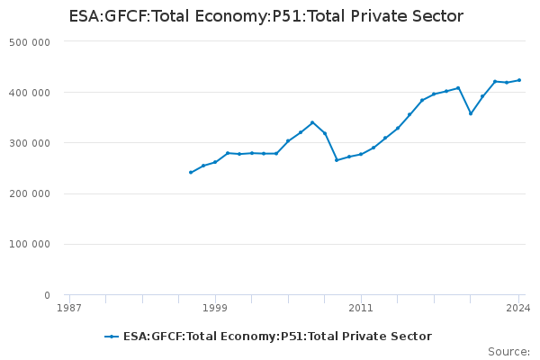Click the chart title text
click(x=265, y=16)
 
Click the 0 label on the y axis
click(x=46, y=295)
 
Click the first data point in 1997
click(x=191, y=172)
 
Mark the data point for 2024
click(x=519, y=80)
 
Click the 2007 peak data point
click(x=312, y=122)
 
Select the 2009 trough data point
click(x=337, y=159)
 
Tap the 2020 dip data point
click(x=471, y=113)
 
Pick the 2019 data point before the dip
click(x=458, y=88)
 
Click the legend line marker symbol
click(x=112, y=337)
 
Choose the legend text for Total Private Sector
click(x=277, y=337)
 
